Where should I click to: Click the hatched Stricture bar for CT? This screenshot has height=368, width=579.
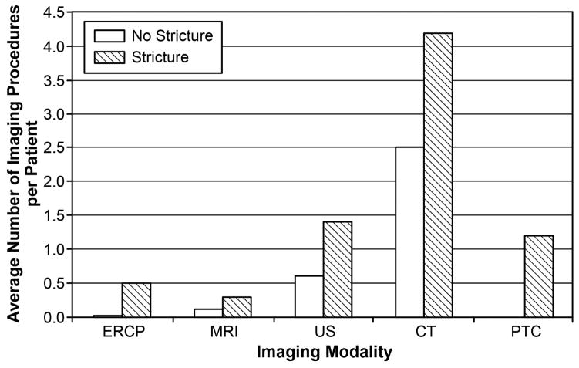pos(438,175)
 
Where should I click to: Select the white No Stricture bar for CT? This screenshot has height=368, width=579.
pos(409,232)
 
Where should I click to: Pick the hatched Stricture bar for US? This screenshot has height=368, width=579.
pos(338,269)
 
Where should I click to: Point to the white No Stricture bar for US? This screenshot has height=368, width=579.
pos(309,296)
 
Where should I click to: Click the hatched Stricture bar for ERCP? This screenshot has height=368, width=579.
pos(136,300)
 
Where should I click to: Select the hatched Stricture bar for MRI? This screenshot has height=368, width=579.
pos(237,307)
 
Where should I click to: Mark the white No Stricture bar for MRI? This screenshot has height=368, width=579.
pos(209,313)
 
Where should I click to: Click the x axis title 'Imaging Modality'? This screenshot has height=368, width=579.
pos(323,353)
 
